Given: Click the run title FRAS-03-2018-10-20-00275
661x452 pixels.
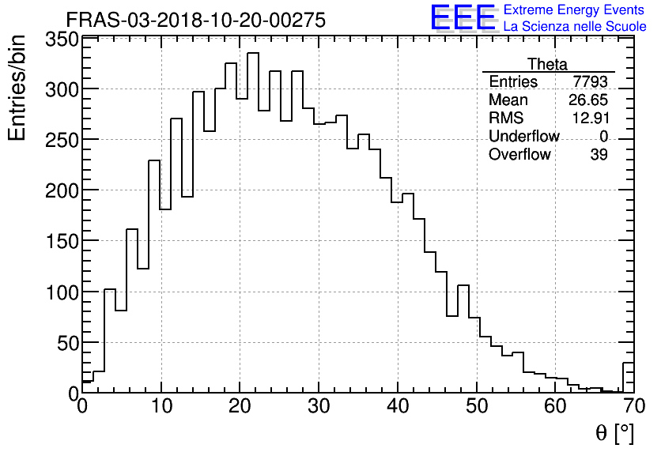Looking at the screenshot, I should click(195, 21).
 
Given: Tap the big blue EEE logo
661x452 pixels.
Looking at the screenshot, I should click(463, 18).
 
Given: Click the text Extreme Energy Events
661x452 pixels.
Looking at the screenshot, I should click(575, 10).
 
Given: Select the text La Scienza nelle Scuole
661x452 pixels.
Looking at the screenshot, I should click(575, 27).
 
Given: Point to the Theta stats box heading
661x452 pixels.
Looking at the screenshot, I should click(547, 64).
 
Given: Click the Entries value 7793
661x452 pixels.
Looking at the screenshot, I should click(591, 82).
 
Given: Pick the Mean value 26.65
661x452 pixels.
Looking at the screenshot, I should click(588, 100).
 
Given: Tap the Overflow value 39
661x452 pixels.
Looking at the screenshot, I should click(599, 155).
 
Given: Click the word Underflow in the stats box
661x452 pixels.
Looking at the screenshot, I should click(523, 137).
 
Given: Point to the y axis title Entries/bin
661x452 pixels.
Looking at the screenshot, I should click(17, 88).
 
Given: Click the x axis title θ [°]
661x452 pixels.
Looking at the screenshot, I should click(614, 433).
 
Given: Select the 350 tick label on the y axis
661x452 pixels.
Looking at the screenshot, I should click(61, 40).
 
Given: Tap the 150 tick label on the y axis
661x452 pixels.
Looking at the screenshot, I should click(61, 241).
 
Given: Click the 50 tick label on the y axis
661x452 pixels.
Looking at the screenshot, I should click(66, 343).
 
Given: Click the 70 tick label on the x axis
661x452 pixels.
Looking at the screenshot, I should click(633, 407).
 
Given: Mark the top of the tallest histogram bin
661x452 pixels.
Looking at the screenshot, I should click(253, 54).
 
